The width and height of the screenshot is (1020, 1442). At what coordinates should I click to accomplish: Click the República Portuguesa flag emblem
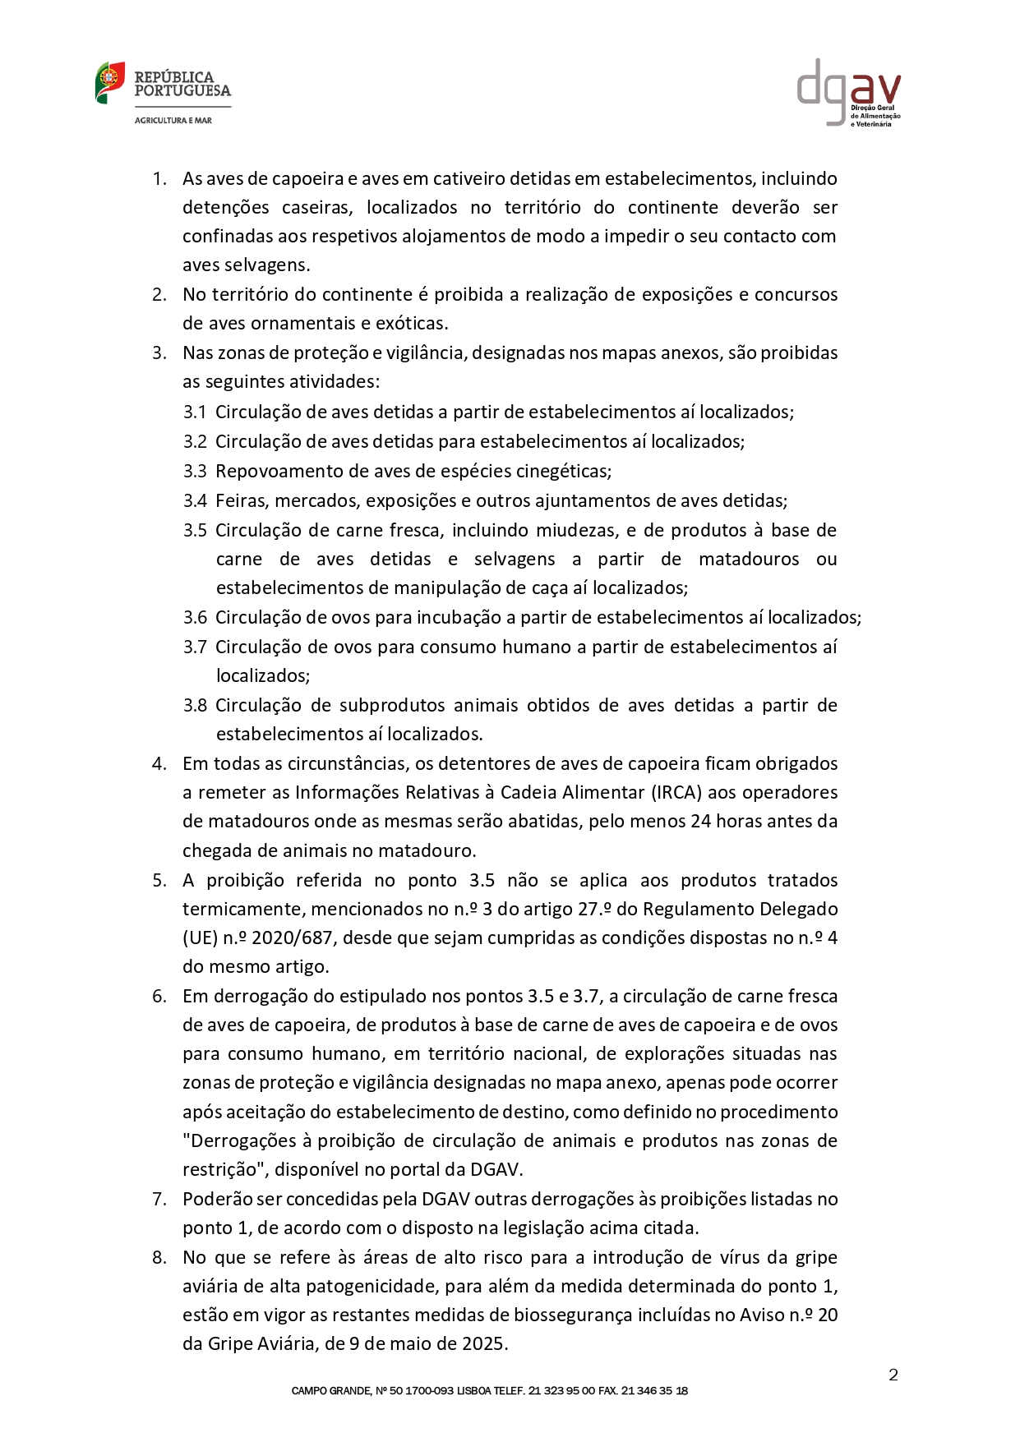coord(109,82)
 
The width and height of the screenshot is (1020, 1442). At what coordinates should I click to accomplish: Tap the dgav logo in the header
coord(848,91)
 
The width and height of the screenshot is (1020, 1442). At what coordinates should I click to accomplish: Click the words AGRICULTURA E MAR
coord(173,121)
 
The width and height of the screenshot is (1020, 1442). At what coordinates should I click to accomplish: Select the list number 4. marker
coord(159,764)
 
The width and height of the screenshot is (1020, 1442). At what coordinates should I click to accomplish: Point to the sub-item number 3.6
coord(195,618)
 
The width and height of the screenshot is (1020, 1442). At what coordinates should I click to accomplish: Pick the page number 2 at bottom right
coord(893,1375)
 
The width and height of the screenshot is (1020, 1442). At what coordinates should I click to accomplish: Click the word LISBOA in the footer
coord(473,1391)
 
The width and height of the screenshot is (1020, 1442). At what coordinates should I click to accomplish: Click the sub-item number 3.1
coord(195,412)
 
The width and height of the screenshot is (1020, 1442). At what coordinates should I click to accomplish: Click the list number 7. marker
coord(159,1200)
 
